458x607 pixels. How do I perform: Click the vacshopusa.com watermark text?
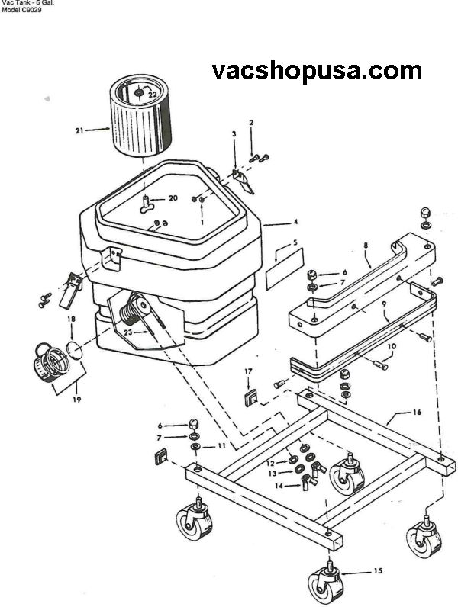[x=317, y=71]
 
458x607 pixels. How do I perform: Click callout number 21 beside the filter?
[x=79, y=131]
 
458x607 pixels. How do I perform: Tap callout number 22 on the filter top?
[x=152, y=94]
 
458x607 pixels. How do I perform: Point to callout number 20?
[x=173, y=198]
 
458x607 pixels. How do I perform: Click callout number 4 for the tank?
[x=295, y=222]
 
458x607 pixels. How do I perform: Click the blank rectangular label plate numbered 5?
[x=285, y=269]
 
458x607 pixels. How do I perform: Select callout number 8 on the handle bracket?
[x=366, y=245]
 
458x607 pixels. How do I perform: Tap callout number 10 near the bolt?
[x=392, y=346]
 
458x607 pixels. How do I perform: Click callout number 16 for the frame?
[x=417, y=413]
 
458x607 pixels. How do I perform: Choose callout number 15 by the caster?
[x=378, y=570]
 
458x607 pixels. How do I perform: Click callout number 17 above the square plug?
[x=248, y=371]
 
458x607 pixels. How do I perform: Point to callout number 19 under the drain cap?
[x=77, y=399]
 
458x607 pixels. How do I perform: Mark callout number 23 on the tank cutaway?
[x=128, y=332]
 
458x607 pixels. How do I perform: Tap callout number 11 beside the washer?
[x=221, y=446]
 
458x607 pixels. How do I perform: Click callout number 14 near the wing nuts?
[x=279, y=486]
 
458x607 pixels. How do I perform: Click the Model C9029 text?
[x=21, y=10]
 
